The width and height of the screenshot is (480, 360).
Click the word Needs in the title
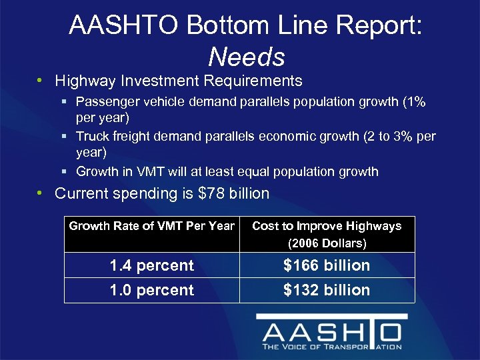tap(246, 57)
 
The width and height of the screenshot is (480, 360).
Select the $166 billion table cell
tap(327, 265)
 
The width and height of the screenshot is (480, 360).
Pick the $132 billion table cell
tap(327, 290)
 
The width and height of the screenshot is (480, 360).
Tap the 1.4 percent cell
tap(152, 265)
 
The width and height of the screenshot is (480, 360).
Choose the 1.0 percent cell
tap(152, 290)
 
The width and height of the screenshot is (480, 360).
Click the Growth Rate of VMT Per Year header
tap(152, 226)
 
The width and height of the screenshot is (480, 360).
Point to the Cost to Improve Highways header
tap(327, 226)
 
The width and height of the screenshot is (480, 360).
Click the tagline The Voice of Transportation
tap(331, 347)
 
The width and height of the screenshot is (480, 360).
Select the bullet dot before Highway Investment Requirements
tap(41, 81)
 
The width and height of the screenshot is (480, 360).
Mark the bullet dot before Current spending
tap(41, 194)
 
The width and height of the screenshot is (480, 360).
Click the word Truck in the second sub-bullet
tap(92, 137)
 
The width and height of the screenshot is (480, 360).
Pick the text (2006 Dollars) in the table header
tap(327, 243)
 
